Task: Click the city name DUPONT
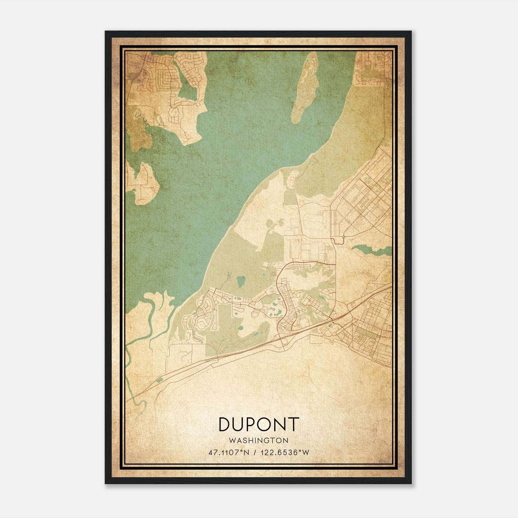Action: coord(258,424)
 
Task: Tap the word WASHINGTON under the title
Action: coord(258,440)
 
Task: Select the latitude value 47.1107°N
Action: coord(229,452)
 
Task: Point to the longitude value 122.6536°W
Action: coord(282,452)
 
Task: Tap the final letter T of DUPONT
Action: coord(293,424)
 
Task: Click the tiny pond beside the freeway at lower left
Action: coord(159,380)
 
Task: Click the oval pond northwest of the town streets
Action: coord(240,282)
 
